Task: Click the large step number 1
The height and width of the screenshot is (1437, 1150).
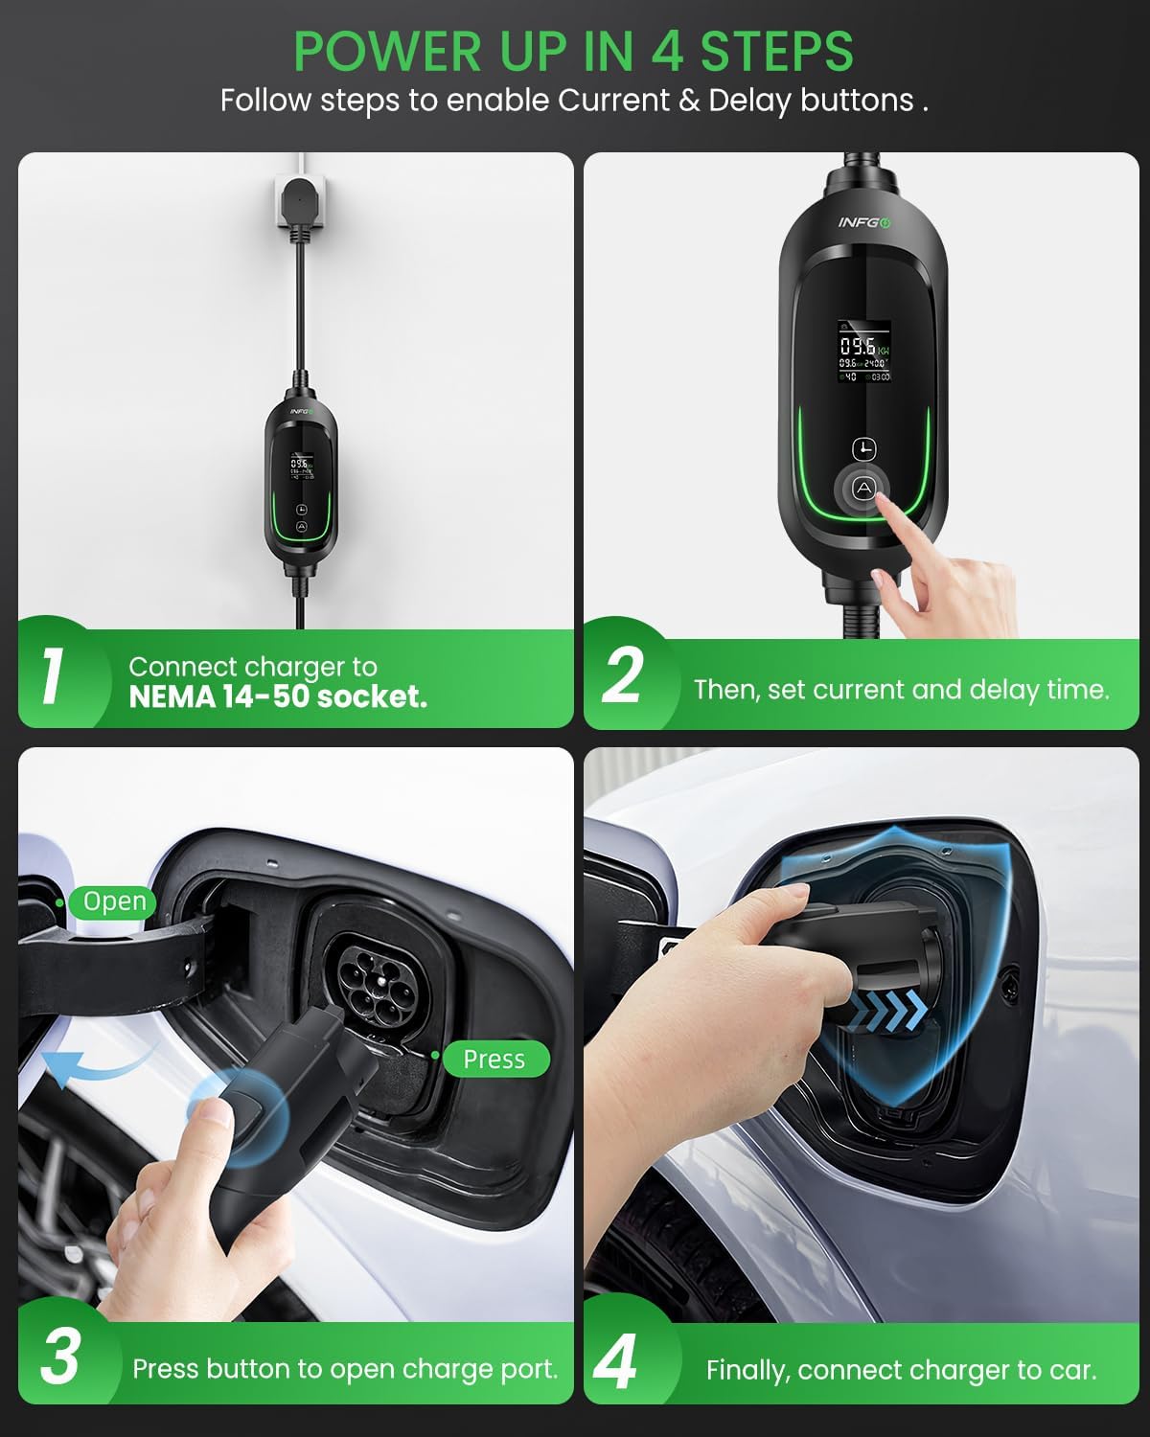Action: click(x=54, y=676)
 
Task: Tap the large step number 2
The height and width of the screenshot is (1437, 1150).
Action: click(x=623, y=676)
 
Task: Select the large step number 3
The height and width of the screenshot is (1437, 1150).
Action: click(x=59, y=1357)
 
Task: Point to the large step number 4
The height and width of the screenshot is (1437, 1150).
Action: click(x=615, y=1360)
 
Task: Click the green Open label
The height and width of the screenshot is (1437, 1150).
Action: click(x=114, y=901)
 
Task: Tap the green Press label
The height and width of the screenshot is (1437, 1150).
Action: click(x=494, y=1059)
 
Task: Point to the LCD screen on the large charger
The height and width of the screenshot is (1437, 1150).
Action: click(x=864, y=351)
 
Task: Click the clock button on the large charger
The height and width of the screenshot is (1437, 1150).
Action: click(x=864, y=448)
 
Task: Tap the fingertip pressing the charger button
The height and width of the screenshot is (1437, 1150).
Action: click(x=883, y=510)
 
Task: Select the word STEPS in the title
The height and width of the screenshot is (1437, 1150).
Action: click(x=776, y=51)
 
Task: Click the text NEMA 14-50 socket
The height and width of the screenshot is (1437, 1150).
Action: click(x=278, y=696)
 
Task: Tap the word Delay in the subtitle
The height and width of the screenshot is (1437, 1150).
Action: click(x=751, y=101)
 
